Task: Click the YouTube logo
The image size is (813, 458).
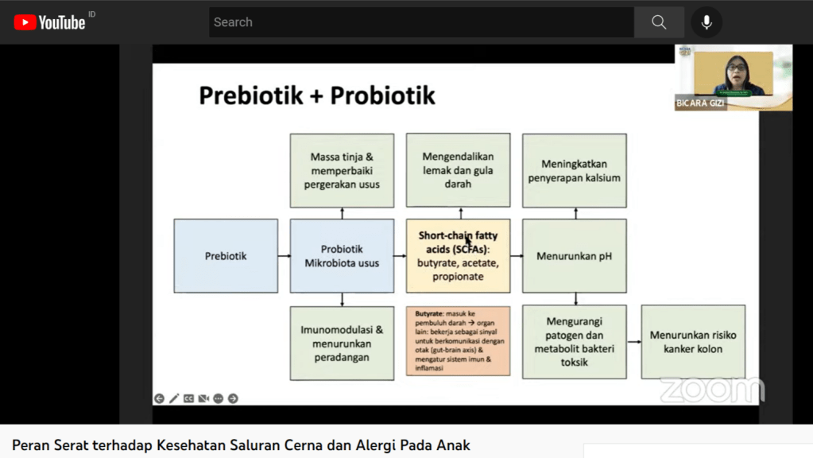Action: point(49,22)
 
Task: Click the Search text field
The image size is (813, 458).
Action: point(421,22)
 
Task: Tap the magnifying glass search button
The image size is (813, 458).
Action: point(659,22)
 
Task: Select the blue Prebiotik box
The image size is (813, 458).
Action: point(226,256)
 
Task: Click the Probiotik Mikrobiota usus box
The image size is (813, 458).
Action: point(342,256)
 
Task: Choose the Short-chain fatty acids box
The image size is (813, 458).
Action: point(458,256)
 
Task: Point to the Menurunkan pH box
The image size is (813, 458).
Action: point(574,256)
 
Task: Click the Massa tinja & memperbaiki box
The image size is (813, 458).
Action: point(342,170)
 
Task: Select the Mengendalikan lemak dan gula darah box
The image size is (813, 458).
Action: point(458,170)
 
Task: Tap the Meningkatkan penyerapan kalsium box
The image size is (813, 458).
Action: point(574,170)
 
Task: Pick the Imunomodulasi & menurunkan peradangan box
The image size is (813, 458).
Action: point(342,343)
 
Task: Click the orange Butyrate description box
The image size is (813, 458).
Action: point(458,341)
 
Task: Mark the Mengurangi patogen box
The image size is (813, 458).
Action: point(574,342)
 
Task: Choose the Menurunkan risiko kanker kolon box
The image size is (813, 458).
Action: point(693,342)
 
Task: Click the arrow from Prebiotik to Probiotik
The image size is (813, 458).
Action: point(284,256)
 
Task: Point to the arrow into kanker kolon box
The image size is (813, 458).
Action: point(633,342)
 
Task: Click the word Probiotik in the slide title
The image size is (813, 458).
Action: point(383,95)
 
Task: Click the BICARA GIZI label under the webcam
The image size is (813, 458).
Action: point(701,104)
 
